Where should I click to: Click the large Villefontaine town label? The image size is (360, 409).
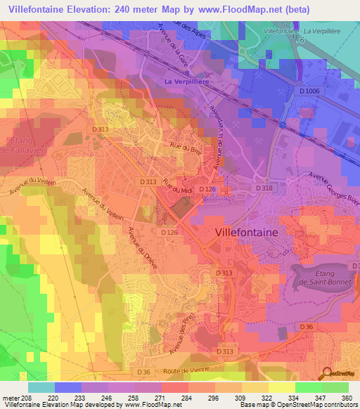[245, 231]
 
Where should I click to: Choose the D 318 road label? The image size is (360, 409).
[264, 188]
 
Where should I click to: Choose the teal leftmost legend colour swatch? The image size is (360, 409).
[41, 387]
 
